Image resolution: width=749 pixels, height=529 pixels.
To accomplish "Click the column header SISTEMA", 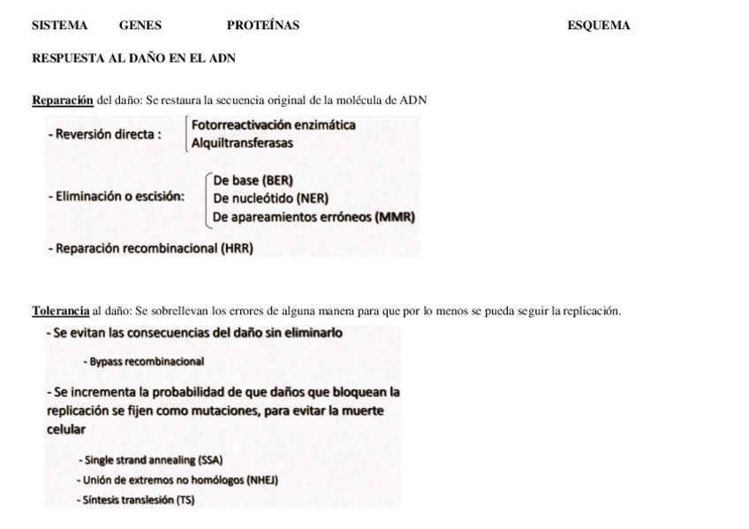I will pyautogui.click(x=59, y=26).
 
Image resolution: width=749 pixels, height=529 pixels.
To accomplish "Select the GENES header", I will pyautogui.click(x=140, y=26).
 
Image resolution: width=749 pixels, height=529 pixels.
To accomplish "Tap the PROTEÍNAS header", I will pyautogui.click(x=262, y=26).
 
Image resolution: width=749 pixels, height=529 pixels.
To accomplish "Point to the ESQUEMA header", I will pyautogui.click(x=598, y=26).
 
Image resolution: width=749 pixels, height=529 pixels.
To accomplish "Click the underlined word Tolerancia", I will pyautogui.click(x=60, y=311).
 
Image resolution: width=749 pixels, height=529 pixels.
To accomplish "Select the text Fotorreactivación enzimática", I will pyautogui.click(x=274, y=125).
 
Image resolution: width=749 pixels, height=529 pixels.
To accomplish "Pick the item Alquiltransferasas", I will pyautogui.click(x=242, y=142).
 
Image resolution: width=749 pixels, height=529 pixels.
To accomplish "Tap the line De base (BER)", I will pyautogui.click(x=253, y=181).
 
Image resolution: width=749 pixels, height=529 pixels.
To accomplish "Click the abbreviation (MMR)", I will pyautogui.click(x=395, y=216).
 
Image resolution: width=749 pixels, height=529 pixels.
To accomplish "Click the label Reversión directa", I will pyautogui.click(x=105, y=134).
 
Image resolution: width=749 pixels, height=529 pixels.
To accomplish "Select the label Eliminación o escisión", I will pyautogui.click(x=117, y=196).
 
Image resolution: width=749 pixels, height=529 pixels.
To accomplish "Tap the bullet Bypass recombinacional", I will pyautogui.click(x=144, y=362).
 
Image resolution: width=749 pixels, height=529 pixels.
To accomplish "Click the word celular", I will pyautogui.click(x=66, y=429).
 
